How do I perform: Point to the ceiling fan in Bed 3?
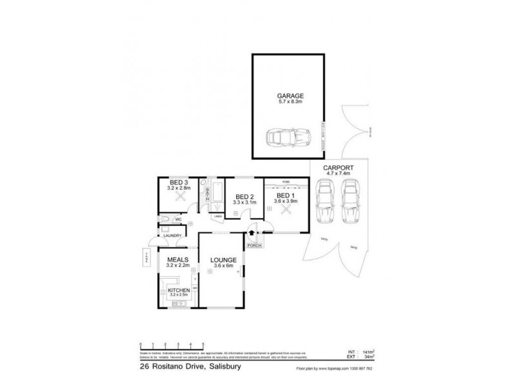pos(179,199)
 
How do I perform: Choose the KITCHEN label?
pos(178,291)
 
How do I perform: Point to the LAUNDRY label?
pos(172,235)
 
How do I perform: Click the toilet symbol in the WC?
pos(165,221)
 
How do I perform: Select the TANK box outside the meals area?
pos(146,259)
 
